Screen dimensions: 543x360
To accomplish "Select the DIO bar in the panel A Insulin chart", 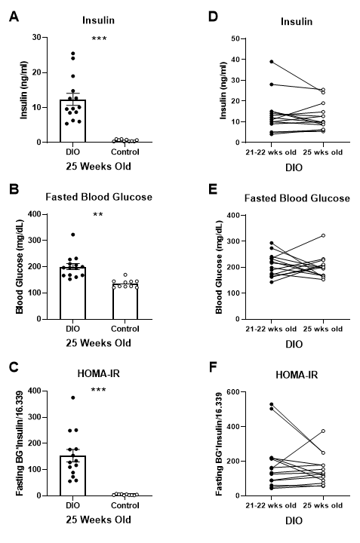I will [x=73, y=121].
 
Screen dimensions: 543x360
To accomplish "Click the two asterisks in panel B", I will [x=97, y=216].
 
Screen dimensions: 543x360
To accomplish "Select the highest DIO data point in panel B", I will [x=73, y=235].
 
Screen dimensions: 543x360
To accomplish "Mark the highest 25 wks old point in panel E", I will [x=322, y=236].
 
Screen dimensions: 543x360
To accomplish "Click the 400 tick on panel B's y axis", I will [x=45, y=214].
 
